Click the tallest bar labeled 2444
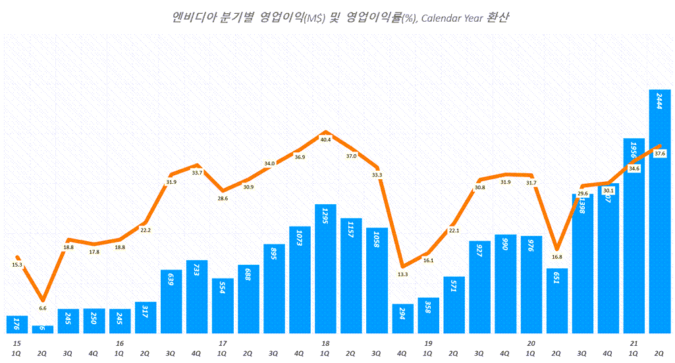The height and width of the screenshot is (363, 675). (660, 211)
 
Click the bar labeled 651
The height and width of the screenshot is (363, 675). (556, 300)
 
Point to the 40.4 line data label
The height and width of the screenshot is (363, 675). (325, 140)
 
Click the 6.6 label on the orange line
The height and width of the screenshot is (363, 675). (43, 308)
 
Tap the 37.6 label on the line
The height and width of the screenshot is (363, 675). (660, 154)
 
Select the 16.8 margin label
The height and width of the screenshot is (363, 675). (556, 257)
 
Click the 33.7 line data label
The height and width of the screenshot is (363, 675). (197, 173)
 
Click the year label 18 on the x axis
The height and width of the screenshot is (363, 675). (325, 343)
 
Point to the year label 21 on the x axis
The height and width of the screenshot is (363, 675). (634, 343)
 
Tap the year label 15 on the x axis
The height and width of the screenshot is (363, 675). (17, 343)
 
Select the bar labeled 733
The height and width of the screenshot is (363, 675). (197, 296)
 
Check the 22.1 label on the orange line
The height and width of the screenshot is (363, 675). (454, 231)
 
